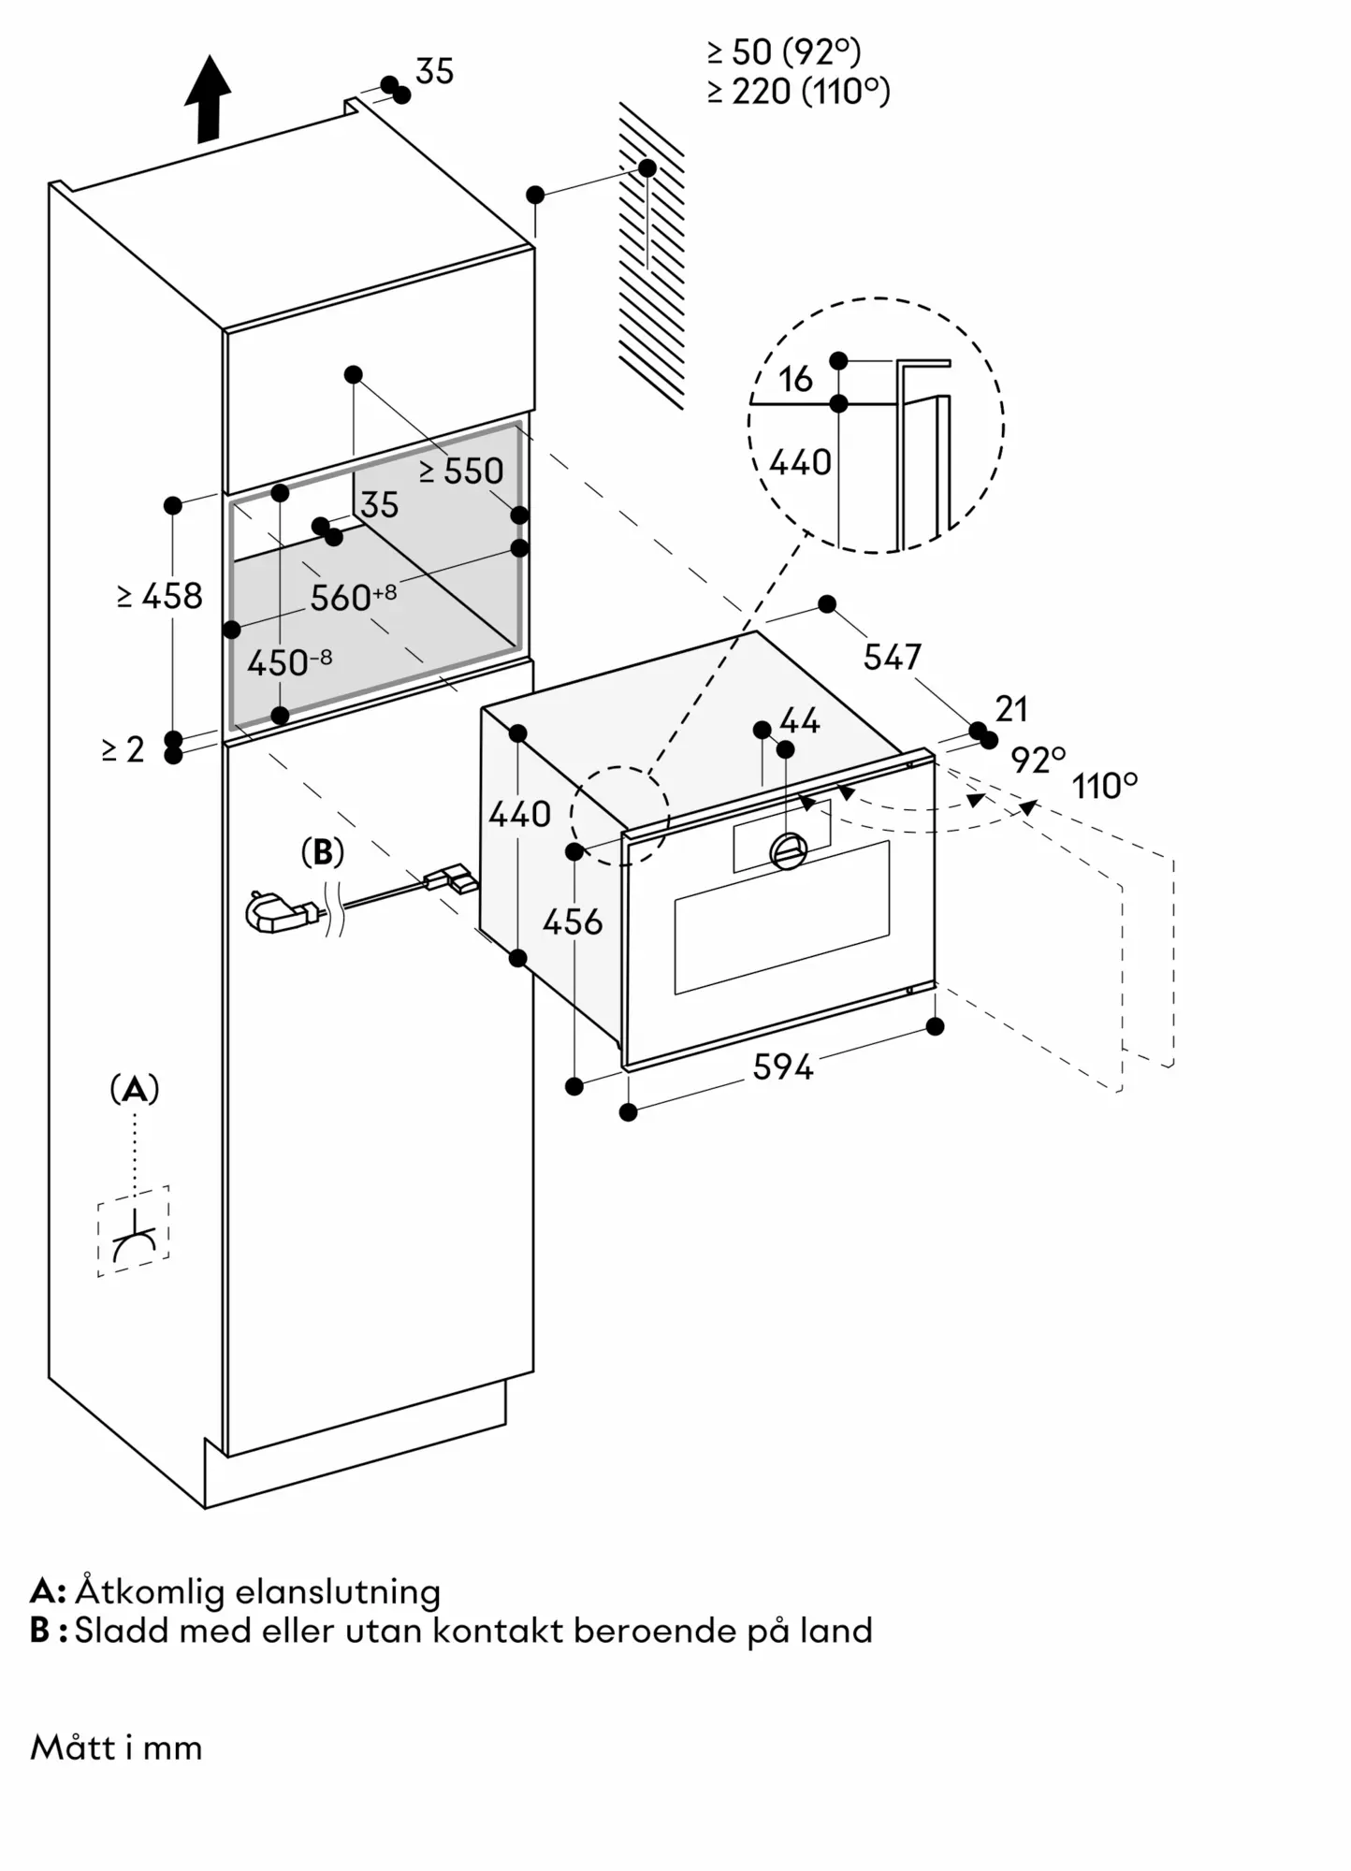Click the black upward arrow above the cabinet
(x=208, y=98)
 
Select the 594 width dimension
(x=783, y=1066)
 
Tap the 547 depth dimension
(x=892, y=657)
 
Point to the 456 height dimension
(x=573, y=922)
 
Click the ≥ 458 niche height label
(x=160, y=596)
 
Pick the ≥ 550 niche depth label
(x=461, y=471)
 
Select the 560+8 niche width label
(x=353, y=597)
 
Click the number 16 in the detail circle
(x=795, y=379)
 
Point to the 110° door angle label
(x=1105, y=786)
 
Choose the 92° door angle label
(x=1038, y=760)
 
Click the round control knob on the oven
(x=788, y=850)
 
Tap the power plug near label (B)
(x=270, y=911)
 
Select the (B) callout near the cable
(x=322, y=852)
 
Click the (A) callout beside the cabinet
(x=135, y=1089)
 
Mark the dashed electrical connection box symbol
(x=134, y=1230)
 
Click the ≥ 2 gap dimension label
(x=123, y=749)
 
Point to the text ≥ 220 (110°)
(x=798, y=91)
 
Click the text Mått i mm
(x=116, y=1747)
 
